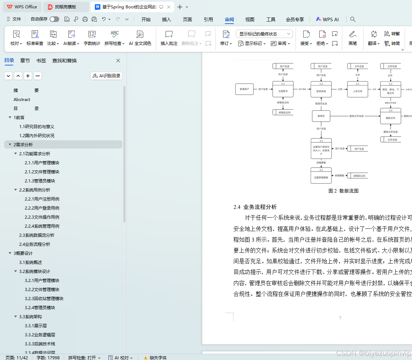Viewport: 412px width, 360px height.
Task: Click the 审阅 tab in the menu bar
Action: pyautogui.click(x=229, y=19)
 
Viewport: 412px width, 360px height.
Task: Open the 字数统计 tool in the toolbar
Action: pyautogui.click(x=92, y=38)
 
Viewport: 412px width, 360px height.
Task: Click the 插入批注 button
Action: pyautogui.click(x=169, y=38)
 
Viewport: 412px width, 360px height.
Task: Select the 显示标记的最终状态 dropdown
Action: pyautogui.click(x=264, y=34)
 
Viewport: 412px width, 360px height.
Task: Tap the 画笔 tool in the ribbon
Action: pyautogui.click(x=353, y=38)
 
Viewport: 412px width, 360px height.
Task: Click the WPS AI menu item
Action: pyautogui.click(x=327, y=19)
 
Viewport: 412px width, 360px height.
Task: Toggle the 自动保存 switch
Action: pyautogui.click(x=54, y=19)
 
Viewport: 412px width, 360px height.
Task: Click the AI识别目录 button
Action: pyautogui.click(x=106, y=76)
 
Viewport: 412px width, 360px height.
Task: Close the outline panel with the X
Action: pyautogui.click(x=118, y=61)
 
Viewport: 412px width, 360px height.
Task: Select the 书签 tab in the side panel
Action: pyautogui.click(x=41, y=61)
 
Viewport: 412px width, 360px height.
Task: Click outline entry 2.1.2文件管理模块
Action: pyautogui.click(x=42, y=172)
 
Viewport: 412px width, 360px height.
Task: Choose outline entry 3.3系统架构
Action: pyautogui.click(x=30, y=316)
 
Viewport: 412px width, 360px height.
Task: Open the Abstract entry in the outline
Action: pyautogui.click(x=22, y=99)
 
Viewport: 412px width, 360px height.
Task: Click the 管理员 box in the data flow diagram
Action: pyautogui.click(x=321, y=116)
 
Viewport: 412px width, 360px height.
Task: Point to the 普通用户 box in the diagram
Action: pyautogui.click(x=244, y=89)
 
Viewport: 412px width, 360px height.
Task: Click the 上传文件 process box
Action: pyautogui.click(x=358, y=91)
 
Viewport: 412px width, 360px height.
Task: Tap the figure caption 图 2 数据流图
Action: pyautogui.click(x=343, y=191)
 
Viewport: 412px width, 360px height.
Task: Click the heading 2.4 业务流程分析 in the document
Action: pyautogui.click(x=255, y=207)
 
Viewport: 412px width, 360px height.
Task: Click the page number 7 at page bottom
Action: pyautogui.click(x=340, y=318)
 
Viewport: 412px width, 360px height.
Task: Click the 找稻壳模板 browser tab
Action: pyautogui.click(x=66, y=7)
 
